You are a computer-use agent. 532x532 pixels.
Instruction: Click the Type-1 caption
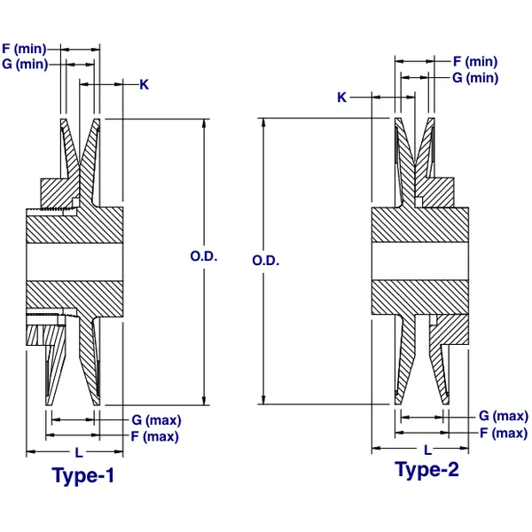point(83,476)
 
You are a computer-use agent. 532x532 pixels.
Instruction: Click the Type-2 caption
point(427,470)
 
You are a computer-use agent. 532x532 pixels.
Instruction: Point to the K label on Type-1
point(145,84)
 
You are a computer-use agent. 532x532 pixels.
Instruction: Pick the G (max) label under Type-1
point(156,419)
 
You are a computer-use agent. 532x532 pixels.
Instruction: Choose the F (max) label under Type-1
point(154,435)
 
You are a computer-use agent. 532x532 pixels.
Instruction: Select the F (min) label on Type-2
point(474,62)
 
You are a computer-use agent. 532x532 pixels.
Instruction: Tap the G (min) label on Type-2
point(474,78)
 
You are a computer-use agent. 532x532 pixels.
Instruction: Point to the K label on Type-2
point(341,98)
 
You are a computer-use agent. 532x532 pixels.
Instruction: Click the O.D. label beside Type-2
point(266,262)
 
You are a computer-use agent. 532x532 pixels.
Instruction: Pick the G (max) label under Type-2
point(503,416)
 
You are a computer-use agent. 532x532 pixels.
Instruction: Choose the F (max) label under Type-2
point(503,433)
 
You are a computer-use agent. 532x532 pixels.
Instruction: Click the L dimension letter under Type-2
point(428,450)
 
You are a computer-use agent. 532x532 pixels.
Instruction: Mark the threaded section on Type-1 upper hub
point(55,209)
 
